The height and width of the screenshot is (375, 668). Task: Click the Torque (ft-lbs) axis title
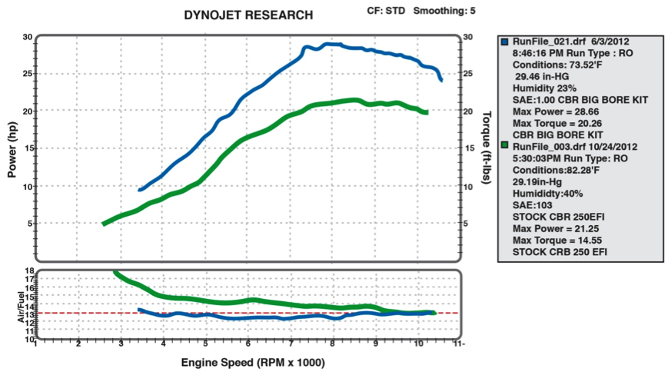pos(486,147)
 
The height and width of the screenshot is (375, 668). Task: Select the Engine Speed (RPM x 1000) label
pos(252,362)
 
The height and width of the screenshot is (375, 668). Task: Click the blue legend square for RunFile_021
pos(504,42)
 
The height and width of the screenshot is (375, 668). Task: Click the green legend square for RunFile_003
pos(504,144)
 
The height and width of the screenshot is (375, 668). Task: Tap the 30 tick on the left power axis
pos(27,37)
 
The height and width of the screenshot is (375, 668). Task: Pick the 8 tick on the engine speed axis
pos(333,344)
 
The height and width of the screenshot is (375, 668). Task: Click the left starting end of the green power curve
pos(104,224)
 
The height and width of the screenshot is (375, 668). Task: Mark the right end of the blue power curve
pos(441,80)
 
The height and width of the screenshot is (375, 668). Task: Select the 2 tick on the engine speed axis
pos(78,344)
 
